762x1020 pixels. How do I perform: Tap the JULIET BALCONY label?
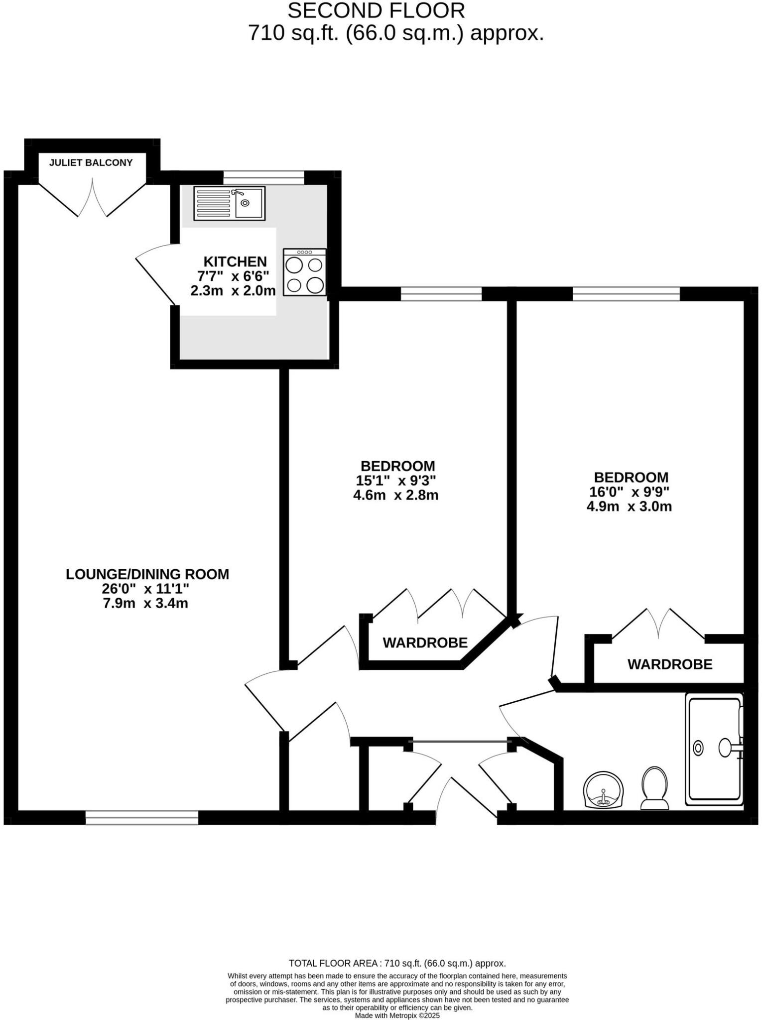pos(91,162)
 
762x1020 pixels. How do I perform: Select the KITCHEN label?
pos(235,261)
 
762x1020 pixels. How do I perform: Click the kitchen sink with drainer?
pos(229,203)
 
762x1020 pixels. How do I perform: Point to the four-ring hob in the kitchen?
pos(305,272)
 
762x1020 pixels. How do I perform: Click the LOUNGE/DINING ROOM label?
pos(147,574)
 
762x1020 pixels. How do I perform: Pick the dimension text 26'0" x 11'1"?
pos(145,589)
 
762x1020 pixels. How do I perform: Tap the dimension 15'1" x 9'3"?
pos(396,481)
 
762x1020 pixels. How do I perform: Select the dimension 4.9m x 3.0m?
pos(629,507)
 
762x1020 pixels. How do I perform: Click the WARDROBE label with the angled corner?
pos(425,642)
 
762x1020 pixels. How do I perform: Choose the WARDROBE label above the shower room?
pos(669,664)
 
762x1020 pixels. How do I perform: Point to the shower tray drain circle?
pos(698,748)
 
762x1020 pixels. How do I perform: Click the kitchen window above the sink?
pos(263,177)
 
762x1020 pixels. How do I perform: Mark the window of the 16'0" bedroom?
pos(626,294)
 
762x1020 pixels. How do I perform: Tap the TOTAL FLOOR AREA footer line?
pos(397,963)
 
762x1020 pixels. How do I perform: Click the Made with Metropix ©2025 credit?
pos(397,1016)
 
